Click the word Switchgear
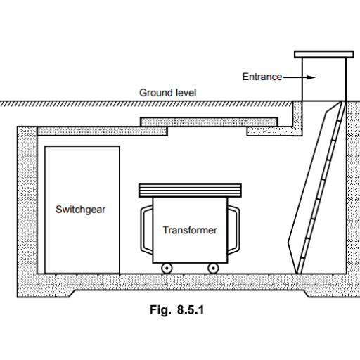(80, 210)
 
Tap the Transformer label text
(190, 230)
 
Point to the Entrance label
(262, 77)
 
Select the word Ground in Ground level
(153, 93)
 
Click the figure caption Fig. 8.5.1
(177, 310)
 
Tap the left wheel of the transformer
(167, 268)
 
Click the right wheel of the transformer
(213, 268)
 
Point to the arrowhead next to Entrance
(311, 77)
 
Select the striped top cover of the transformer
(190, 191)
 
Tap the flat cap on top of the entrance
(324, 54)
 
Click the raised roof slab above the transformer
(209, 122)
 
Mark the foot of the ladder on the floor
(298, 272)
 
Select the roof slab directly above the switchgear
(103, 131)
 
